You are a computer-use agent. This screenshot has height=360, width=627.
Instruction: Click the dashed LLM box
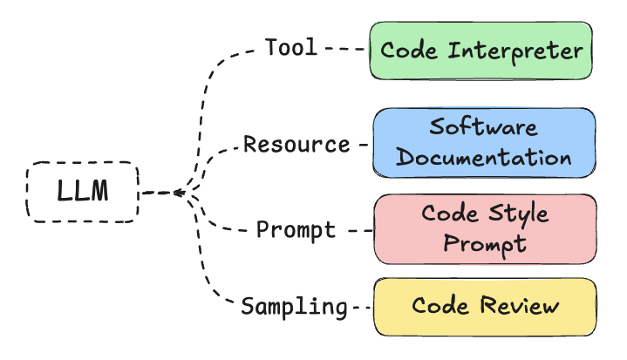coord(83,192)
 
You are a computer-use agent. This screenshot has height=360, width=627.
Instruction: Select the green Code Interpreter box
coord(481,51)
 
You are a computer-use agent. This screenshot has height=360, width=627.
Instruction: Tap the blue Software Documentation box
coord(485,142)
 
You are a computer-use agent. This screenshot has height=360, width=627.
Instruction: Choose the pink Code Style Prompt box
coord(485,228)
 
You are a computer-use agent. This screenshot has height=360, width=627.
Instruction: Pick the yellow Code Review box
coord(485,306)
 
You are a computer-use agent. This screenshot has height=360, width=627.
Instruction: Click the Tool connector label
coord(291,48)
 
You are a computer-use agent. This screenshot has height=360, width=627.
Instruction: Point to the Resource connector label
coord(296,144)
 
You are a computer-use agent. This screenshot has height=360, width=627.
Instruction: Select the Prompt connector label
coord(296,230)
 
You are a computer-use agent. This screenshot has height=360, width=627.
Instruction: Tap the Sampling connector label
coord(294,307)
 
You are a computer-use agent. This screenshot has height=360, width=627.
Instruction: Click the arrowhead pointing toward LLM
coord(176,192)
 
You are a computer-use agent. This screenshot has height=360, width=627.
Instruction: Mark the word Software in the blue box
coord(484,127)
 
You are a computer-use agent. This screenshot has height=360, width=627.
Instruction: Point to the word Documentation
coord(485,158)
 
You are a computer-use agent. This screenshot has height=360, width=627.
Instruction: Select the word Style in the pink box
coord(515,214)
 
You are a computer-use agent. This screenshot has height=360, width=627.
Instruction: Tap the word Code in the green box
coord(410,51)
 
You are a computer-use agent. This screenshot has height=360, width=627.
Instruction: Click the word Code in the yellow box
coord(441,306)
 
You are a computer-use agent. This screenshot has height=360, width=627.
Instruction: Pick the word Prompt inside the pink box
coord(485,243)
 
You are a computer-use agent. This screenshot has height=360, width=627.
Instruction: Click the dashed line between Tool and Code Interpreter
coord(344,50)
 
